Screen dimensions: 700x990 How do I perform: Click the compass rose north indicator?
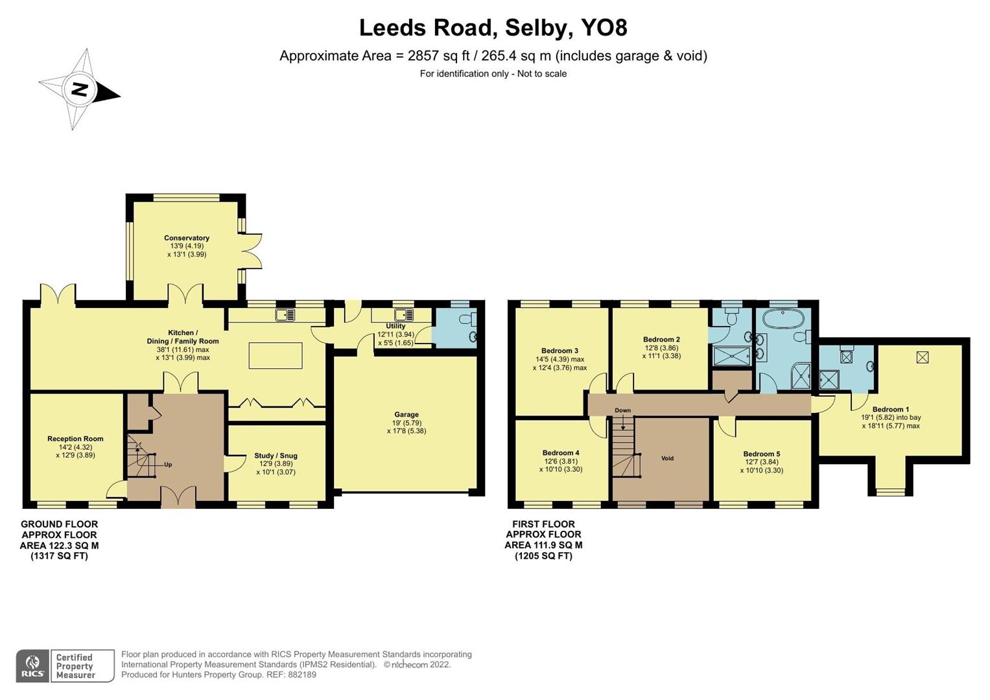click(79, 89)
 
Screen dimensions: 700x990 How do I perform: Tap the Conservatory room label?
click(187, 238)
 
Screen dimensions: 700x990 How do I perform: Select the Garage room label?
click(407, 415)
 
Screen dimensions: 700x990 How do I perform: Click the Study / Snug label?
click(276, 456)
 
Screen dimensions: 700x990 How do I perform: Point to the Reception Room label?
click(75, 439)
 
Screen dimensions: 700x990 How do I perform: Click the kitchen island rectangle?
click(276, 355)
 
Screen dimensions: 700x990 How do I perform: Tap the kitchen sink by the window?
click(285, 315)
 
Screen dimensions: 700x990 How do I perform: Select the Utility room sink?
click(404, 315)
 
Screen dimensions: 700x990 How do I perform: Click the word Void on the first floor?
click(667, 458)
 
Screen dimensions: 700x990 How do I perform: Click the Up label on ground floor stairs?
click(168, 465)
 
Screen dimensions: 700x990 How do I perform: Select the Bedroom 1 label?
click(890, 410)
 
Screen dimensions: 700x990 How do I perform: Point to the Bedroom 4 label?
click(561, 453)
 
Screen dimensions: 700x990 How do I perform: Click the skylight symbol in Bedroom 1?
click(922, 357)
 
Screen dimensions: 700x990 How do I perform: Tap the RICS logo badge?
click(32, 666)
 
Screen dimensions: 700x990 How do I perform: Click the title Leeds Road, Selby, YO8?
click(493, 28)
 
